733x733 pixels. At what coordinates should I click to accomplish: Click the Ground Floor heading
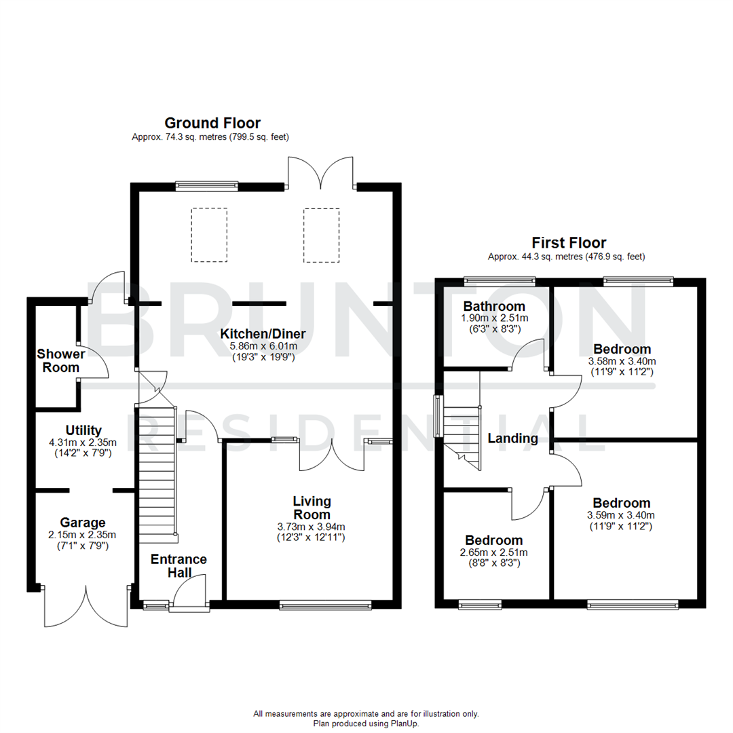coord(212,123)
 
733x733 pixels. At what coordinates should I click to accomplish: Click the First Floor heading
coord(569,242)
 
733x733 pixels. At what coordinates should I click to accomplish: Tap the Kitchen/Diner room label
coord(262,333)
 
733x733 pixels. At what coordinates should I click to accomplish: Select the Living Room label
coord(312,508)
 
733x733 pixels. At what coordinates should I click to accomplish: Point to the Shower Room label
coord(61,360)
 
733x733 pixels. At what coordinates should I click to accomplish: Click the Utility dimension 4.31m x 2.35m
coord(83,443)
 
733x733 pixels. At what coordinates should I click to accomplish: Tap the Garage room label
coord(83,523)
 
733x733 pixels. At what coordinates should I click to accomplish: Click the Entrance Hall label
coord(178,566)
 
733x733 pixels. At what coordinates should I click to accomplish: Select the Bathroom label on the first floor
coord(493,306)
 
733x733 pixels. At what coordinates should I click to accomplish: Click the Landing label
coord(512,438)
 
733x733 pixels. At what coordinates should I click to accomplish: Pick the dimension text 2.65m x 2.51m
coord(493,552)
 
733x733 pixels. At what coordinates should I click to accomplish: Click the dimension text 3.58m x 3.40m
coord(621,362)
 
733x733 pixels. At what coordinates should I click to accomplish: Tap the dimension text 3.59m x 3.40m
coord(621,515)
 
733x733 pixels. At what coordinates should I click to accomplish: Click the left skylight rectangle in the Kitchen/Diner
coord(209,235)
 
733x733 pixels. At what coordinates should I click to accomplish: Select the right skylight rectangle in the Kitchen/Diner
coord(320,235)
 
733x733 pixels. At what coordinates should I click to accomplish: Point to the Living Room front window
coord(325,603)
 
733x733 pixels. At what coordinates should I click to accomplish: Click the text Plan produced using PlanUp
coord(366,723)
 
